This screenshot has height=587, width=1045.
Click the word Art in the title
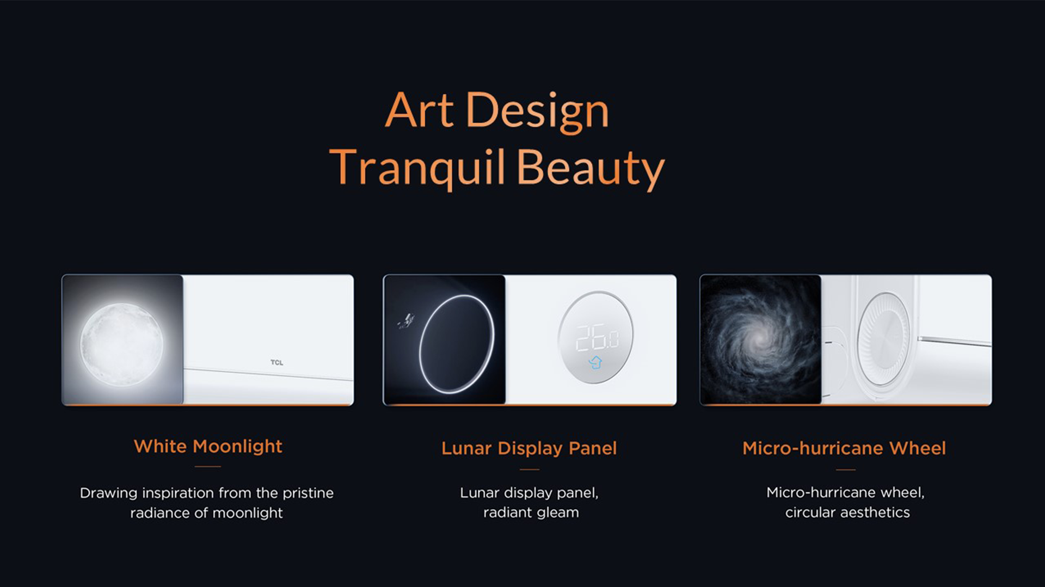point(419,110)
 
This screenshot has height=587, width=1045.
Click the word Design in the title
point(538,112)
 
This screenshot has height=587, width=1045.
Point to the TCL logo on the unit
point(276,362)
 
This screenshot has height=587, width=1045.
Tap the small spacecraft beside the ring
point(405,322)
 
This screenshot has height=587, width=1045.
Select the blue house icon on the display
point(595,362)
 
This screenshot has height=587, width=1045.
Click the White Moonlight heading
point(208,447)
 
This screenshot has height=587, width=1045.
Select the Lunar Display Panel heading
point(529,448)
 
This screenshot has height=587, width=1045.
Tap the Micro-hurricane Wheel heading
point(844,448)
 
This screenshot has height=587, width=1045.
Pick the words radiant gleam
point(531,513)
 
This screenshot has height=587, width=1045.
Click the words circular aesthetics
point(847,512)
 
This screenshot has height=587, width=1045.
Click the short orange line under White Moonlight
point(208,467)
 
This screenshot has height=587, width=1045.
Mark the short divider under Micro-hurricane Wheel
point(845,469)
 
